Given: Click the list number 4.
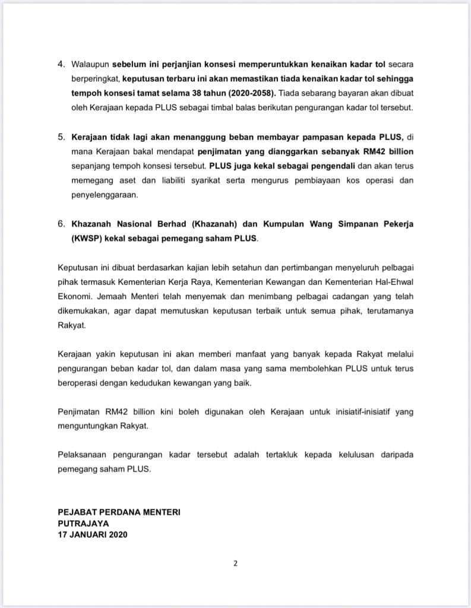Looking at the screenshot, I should click(62, 64).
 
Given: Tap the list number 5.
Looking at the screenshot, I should click(62, 137).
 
